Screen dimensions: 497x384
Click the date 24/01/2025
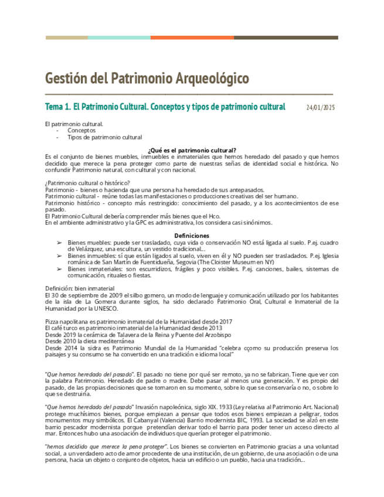point(321,108)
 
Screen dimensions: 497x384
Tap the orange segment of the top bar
point(192,38)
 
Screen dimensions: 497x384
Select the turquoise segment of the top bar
point(119,38)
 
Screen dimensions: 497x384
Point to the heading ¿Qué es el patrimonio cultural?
point(192,150)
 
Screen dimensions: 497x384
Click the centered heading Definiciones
point(192,234)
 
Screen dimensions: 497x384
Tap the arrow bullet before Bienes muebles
point(59,241)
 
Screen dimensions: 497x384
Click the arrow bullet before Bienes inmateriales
point(59,268)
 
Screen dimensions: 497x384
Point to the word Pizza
point(53,321)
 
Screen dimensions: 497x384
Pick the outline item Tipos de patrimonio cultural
point(104,137)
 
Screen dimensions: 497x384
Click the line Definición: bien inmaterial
point(80,288)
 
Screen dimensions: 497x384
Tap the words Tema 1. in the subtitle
point(58,107)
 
